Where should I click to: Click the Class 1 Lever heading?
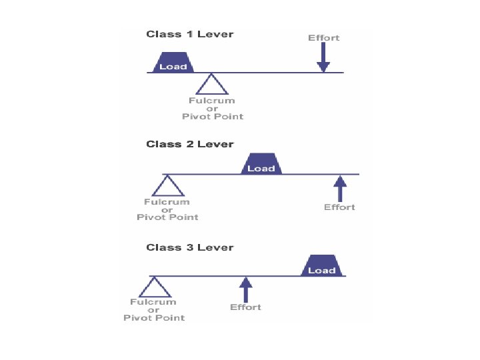click(x=190, y=34)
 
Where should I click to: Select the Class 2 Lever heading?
click(x=190, y=144)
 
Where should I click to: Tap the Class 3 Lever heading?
click(x=190, y=247)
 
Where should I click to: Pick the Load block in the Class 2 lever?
click(x=261, y=164)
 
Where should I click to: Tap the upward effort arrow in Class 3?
click(x=245, y=290)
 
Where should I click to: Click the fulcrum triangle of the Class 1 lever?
click(x=212, y=85)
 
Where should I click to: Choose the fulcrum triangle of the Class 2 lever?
click(x=167, y=186)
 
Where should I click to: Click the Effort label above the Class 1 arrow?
click(x=323, y=38)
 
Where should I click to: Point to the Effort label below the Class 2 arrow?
click(x=339, y=207)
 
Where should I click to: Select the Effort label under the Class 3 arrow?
click(x=245, y=307)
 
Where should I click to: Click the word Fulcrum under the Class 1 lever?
click(x=212, y=101)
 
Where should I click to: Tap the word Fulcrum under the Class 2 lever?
click(x=167, y=202)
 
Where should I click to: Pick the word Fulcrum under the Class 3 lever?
click(x=153, y=302)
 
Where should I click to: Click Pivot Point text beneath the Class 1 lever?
click(x=213, y=117)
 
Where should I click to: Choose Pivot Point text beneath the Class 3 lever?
click(x=154, y=318)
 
